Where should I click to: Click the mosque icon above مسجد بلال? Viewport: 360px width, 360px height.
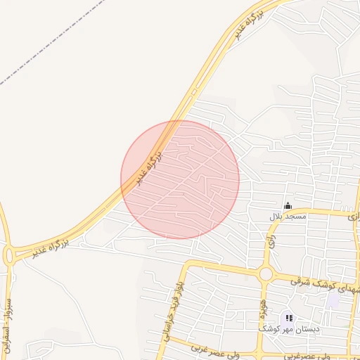click(x=288, y=205)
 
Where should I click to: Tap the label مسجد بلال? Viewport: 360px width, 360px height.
click(x=288, y=217)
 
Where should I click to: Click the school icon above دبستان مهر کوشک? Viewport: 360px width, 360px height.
click(x=289, y=319)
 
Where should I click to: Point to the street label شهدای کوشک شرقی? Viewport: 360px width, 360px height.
click(x=325, y=285)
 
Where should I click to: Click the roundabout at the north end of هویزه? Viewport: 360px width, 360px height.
click(x=266, y=274)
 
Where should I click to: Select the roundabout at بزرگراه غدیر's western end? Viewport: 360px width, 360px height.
click(x=9, y=255)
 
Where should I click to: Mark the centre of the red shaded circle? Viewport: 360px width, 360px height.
click(x=180, y=179)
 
